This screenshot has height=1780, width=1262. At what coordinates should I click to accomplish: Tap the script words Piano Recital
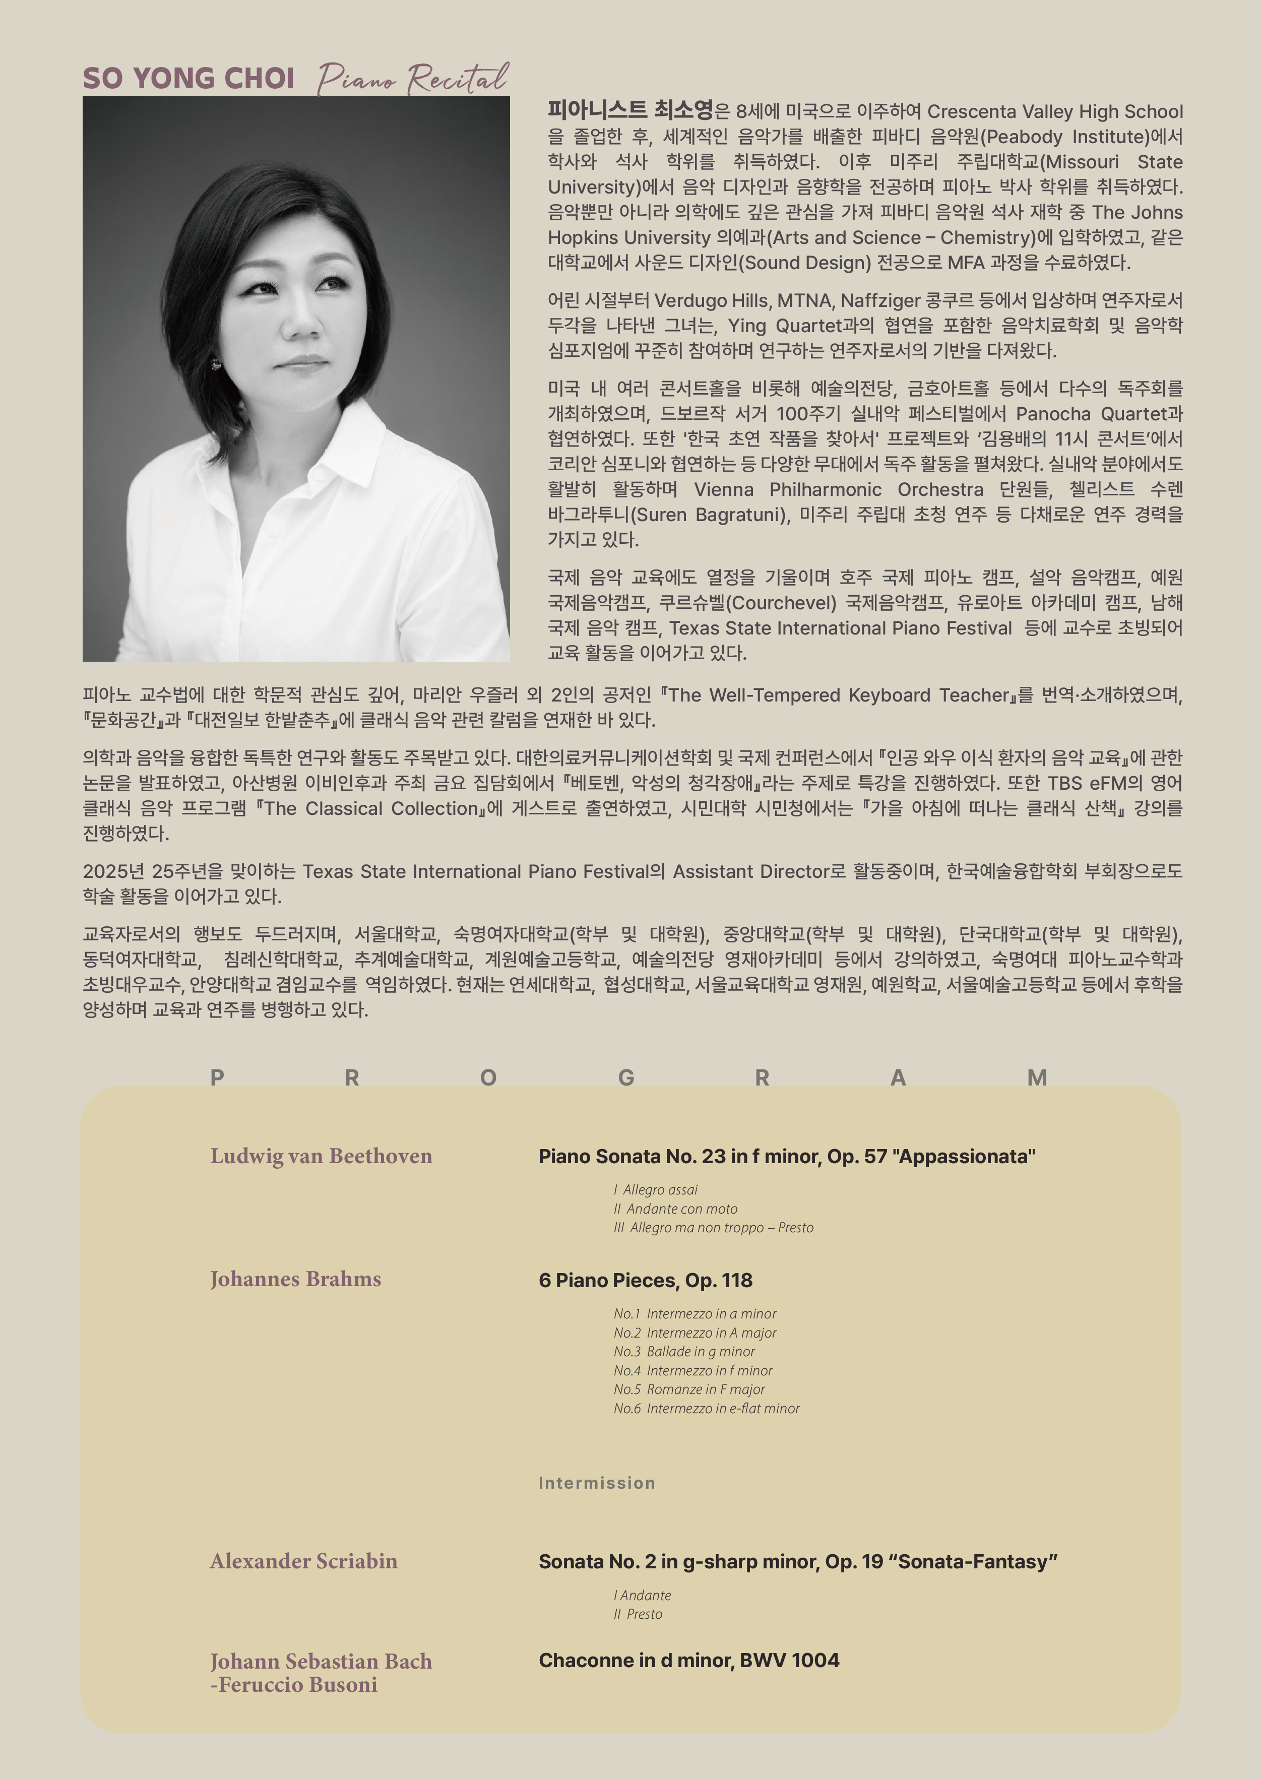pyautogui.click(x=413, y=79)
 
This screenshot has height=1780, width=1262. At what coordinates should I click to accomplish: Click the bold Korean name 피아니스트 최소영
pyautogui.click(x=630, y=110)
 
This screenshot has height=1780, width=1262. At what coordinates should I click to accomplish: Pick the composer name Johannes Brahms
pyautogui.click(x=295, y=1279)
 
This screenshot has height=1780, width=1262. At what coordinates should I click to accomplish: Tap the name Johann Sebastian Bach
pyautogui.click(x=321, y=1661)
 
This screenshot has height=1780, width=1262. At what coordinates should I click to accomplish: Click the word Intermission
pyautogui.click(x=597, y=1483)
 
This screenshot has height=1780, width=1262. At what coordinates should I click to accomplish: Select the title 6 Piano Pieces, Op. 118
pyautogui.click(x=645, y=1281)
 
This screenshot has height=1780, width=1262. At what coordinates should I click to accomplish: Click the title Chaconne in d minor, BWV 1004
pyautogui.click(x=688, y=1661)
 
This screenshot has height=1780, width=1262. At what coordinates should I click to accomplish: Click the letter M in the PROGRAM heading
pyautogui.click(x=1037, y=1077)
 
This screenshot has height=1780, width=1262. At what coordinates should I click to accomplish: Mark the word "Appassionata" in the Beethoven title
pyautogui.click(x=964, y=1157)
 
